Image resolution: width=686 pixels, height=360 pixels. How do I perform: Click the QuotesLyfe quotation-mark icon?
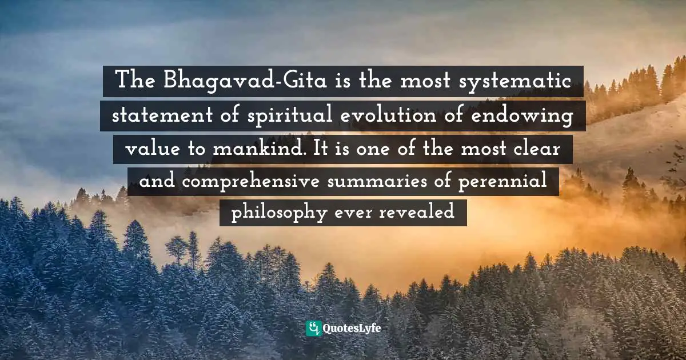313,329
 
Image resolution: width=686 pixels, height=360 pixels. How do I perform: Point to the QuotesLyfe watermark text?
352,329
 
